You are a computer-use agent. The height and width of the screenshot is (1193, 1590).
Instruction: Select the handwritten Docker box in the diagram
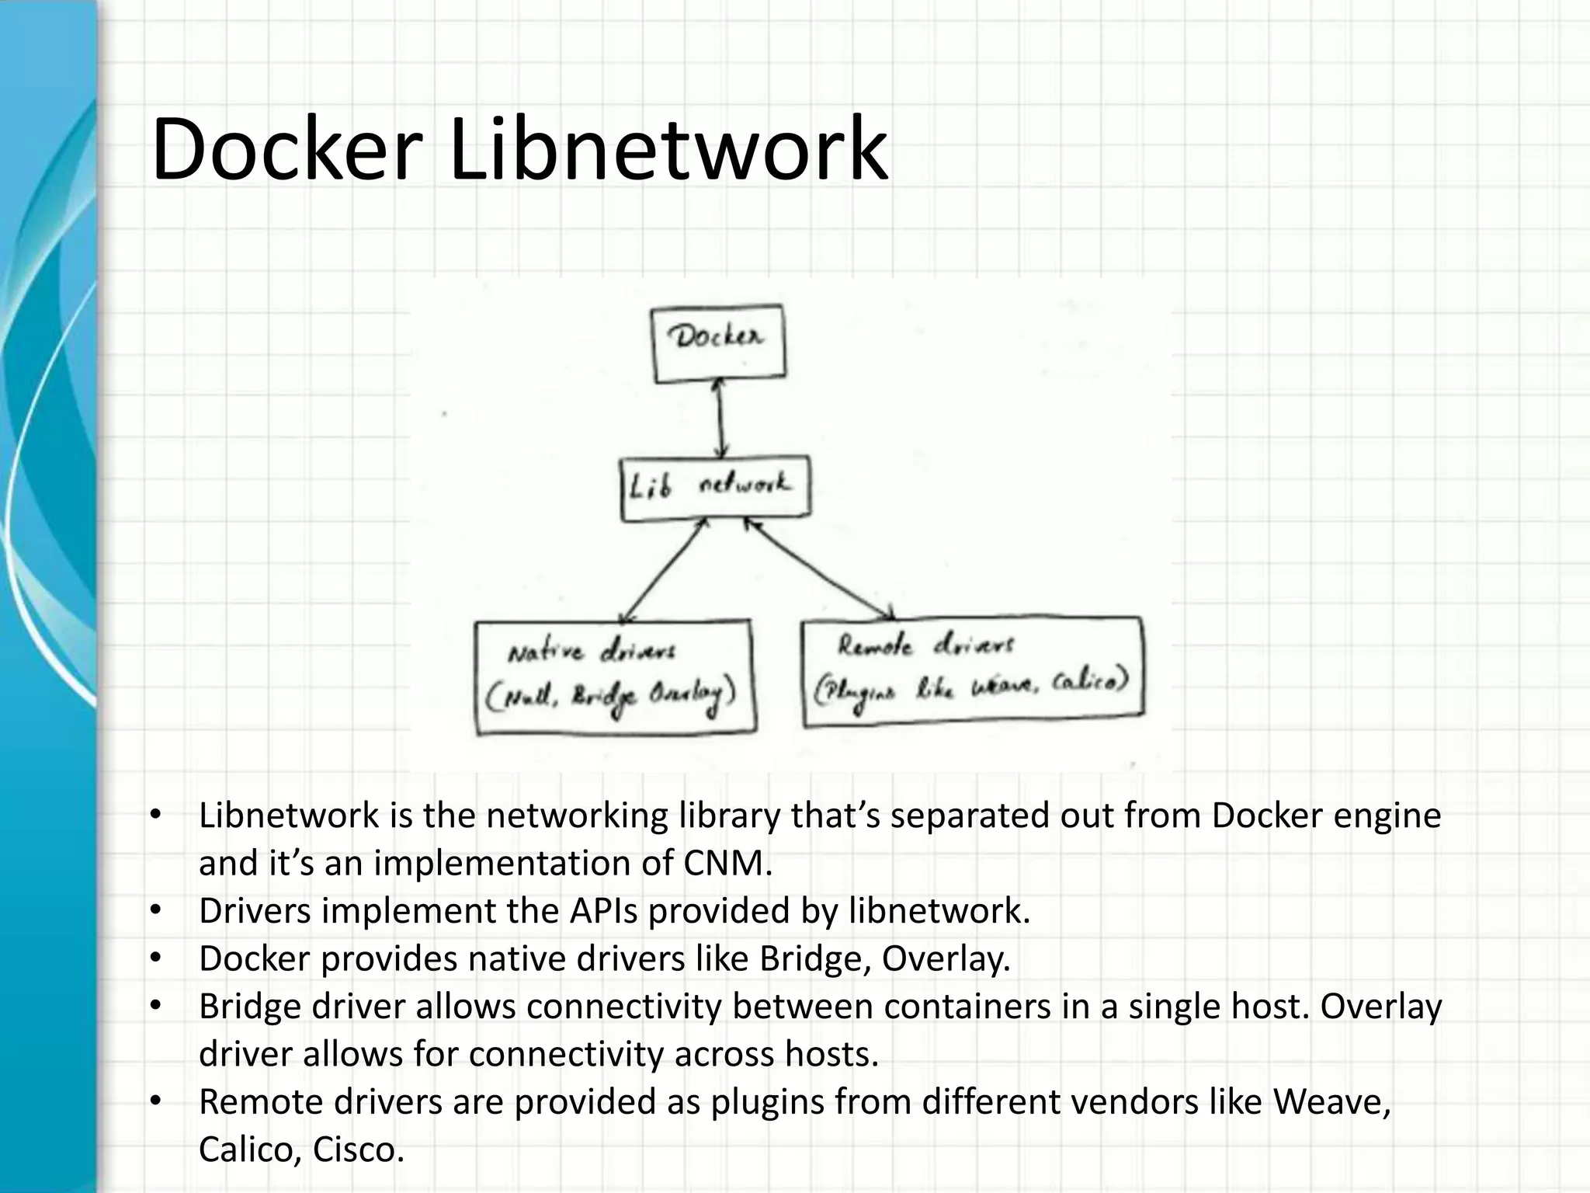(718, 343)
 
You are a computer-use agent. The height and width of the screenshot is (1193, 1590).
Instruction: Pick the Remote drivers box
(972, 671)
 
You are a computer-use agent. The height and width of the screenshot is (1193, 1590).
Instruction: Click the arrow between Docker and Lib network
(721, 419)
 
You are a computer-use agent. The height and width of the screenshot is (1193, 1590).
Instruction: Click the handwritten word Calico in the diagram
(1087, 683)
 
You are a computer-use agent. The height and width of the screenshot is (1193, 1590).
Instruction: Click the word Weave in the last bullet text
(1330, 1101)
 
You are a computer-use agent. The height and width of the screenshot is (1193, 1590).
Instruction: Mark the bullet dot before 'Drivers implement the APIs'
(155, 910)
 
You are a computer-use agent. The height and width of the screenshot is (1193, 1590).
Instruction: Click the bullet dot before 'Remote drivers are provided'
(155, 1101)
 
